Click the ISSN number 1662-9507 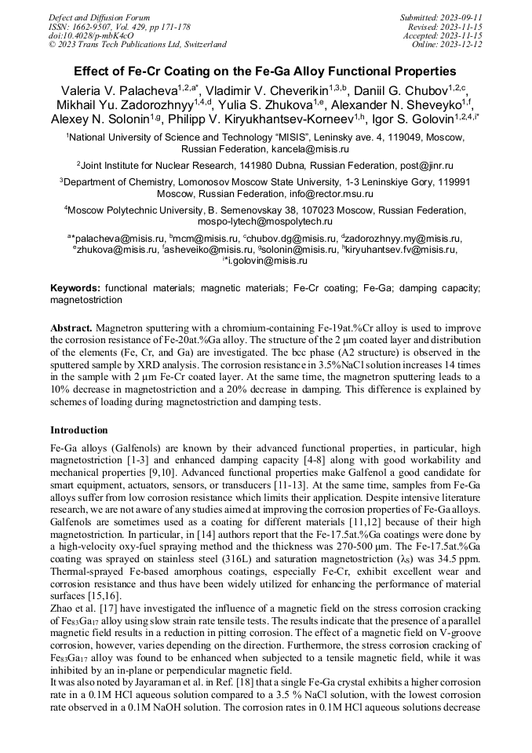[x=98, y=26]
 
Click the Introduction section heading [x=79, y=430]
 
